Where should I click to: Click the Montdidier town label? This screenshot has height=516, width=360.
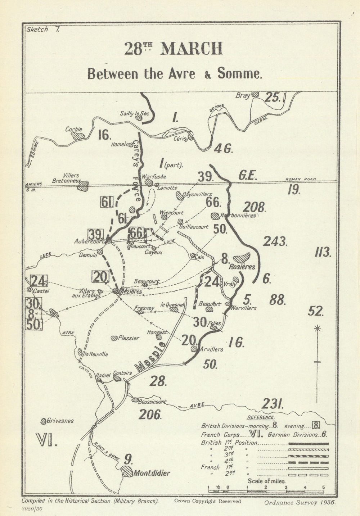152,473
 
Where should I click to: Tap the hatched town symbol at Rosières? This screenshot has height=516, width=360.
242,258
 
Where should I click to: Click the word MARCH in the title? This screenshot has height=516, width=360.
191,49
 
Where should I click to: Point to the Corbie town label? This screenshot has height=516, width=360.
73,129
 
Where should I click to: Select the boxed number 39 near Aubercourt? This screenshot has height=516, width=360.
95,234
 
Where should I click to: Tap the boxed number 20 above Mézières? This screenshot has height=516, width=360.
100,277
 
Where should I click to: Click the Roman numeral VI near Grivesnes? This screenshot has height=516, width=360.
47,440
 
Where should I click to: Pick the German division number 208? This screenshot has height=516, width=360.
254,208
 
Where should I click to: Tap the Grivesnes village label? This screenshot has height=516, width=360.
61,420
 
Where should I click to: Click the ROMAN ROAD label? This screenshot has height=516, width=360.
301,179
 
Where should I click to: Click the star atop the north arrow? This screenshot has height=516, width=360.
317,328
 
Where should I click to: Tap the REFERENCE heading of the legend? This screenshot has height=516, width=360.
260,417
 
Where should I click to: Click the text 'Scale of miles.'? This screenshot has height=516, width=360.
267,481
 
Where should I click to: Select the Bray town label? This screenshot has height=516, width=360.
243,95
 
